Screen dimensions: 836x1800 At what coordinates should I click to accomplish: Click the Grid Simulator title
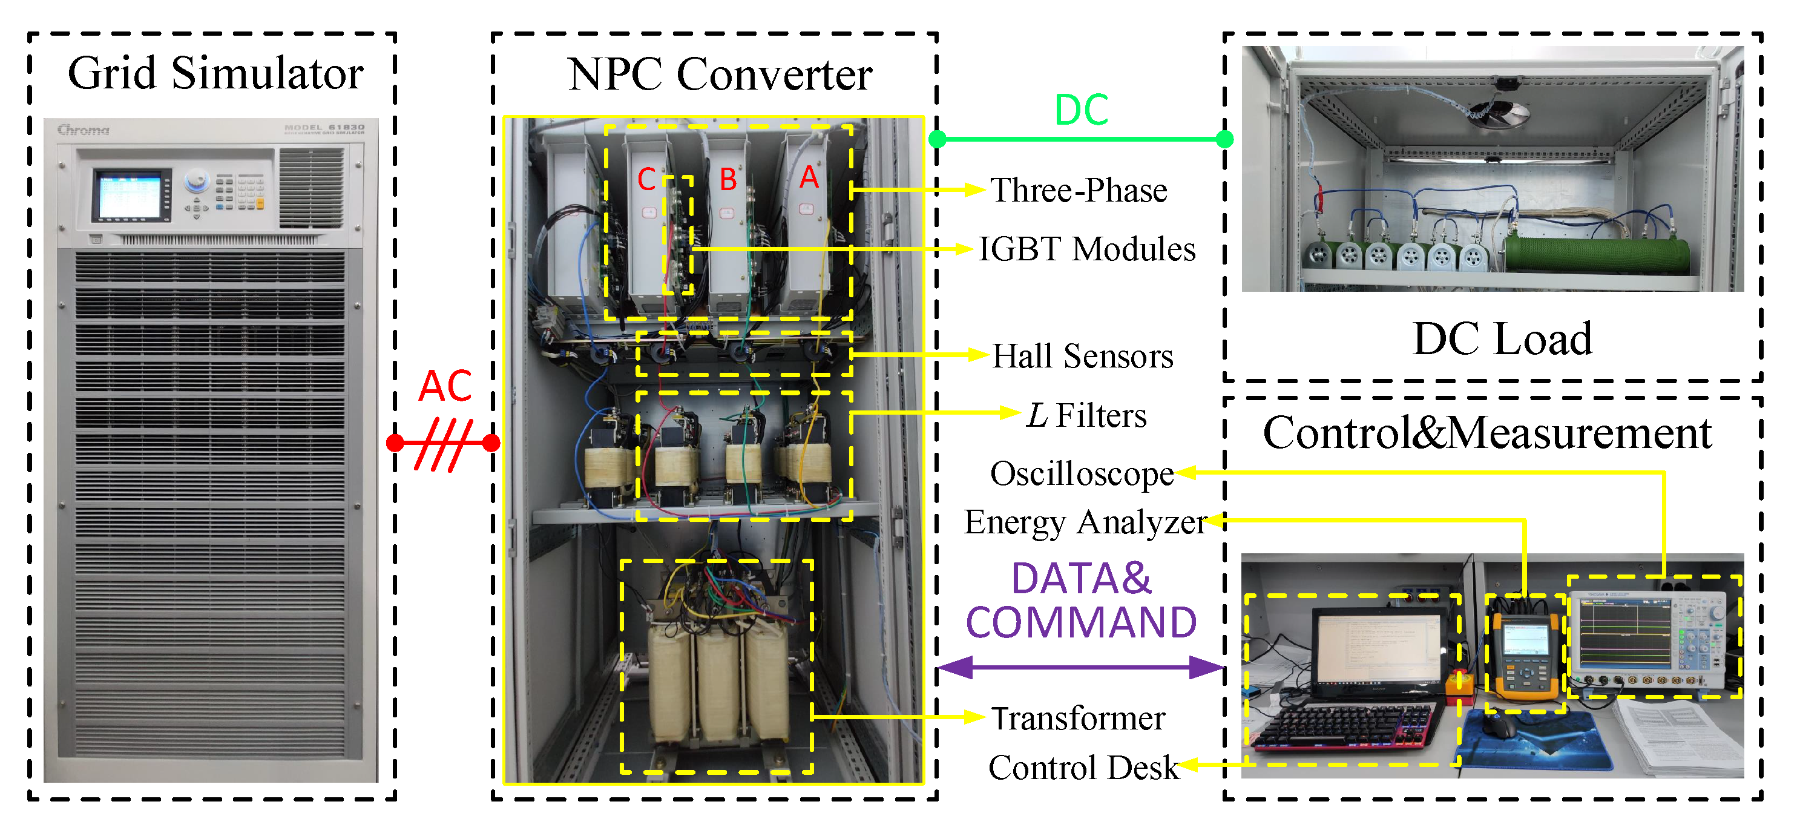(215, 73)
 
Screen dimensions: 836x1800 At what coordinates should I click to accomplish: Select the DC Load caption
(1502, 339)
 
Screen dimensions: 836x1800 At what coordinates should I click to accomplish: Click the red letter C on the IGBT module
(646, 180)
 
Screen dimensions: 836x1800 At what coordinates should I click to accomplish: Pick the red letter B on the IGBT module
(728, 180)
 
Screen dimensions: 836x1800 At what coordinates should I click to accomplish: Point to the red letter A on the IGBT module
(809, 177)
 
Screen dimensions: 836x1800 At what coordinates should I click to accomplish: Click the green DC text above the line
(1081, 110)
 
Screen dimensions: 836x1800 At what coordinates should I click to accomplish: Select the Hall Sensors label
(1082, 357)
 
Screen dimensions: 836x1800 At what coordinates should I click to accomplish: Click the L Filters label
(1086, 416)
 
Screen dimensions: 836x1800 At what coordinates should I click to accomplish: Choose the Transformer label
(1078, 719)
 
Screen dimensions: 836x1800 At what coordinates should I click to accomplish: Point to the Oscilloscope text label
(1082, 474)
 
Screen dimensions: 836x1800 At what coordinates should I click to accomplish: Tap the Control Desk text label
(1083, 768)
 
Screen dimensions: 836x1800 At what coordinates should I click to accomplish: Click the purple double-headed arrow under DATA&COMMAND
(1080, 668)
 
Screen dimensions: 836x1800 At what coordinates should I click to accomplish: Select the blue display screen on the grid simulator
(131, 196)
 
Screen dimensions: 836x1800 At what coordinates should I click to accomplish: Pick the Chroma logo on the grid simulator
(83, 130)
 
